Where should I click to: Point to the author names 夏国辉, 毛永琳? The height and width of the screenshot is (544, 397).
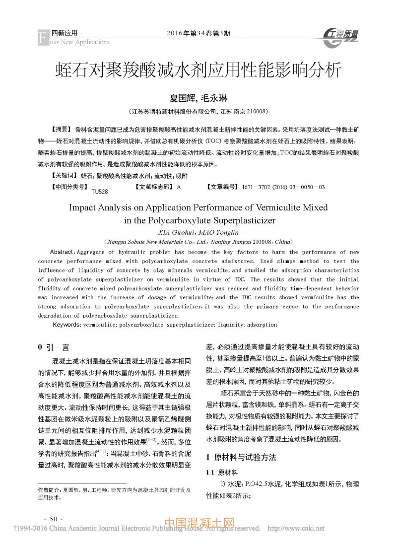198,98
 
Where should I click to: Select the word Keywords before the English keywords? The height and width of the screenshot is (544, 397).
66,324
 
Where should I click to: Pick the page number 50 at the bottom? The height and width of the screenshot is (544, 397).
52,518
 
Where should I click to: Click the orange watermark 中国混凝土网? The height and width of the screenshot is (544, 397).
198,524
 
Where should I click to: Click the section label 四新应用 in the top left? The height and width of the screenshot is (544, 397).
65,33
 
